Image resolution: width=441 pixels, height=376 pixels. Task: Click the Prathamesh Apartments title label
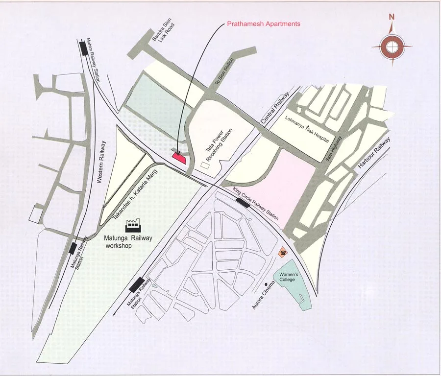click(263, 23)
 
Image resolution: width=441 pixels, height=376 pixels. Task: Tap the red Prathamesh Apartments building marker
click(178, 157)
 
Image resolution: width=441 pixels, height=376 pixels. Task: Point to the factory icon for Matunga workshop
click(133, 225)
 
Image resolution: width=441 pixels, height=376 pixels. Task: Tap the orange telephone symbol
click(283, 252)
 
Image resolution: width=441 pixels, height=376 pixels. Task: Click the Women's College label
click(289, 277)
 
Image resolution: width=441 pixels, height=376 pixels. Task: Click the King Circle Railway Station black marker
click(243, 202)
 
